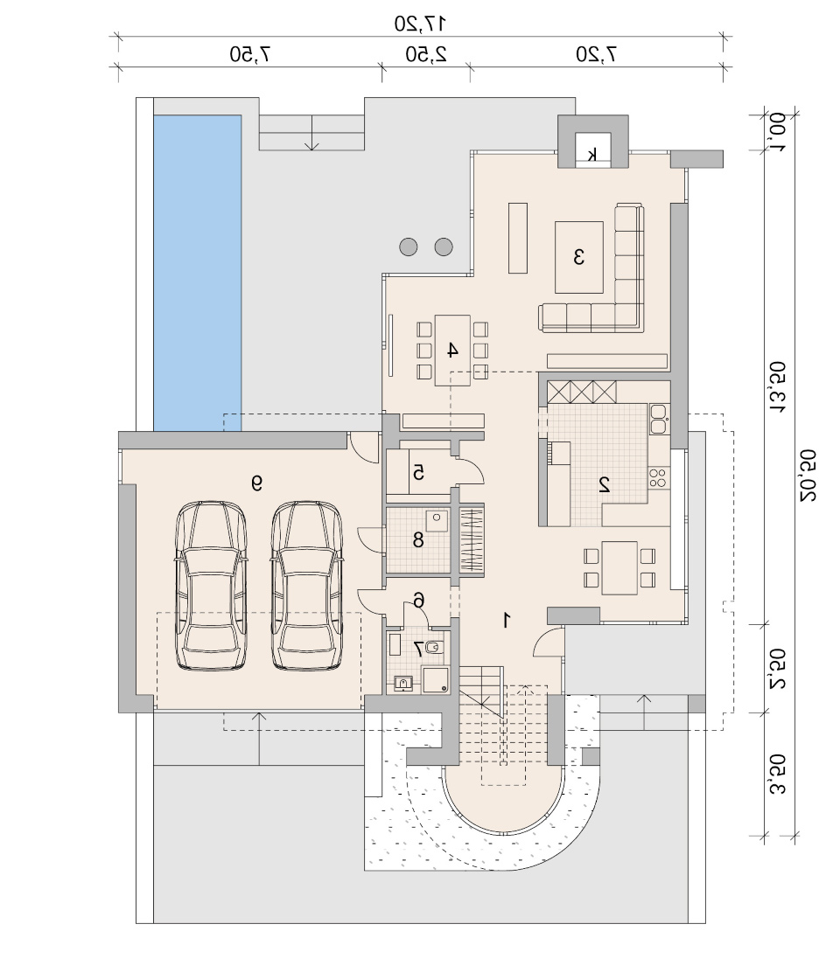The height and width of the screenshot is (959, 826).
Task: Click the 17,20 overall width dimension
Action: (x=419, y=24)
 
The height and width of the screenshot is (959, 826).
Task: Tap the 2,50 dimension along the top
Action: (x=426, y=54)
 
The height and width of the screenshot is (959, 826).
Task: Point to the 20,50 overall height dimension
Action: (x=807, y=476)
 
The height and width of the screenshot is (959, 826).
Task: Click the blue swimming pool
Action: (x=197, y=273)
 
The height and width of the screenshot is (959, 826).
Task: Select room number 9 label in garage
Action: (x=256, y=483)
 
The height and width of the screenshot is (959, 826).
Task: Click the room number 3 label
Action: (x=578, y=257)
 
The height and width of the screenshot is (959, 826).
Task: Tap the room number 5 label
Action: (x=419, y=472)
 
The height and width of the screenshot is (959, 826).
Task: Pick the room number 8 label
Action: (x=418, y=539)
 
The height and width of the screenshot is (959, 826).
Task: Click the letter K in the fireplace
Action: (x=592, y=155)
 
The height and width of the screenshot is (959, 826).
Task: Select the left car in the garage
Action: (x=211, y=586)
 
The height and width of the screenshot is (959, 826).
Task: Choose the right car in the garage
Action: (x=306, y=586)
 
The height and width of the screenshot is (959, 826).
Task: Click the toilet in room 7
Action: (x=433, y=646)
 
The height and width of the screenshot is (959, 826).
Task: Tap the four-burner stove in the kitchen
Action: (x=658, y=477)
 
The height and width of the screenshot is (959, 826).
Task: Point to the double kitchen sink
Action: (x=658, y=419)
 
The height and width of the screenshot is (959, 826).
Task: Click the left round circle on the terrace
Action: (x=409, y=247)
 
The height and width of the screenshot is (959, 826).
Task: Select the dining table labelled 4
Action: (x=452, y=351)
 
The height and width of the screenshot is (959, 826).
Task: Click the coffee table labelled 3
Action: (x=578, y=257)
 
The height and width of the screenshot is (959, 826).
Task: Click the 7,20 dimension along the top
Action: (x=596, y=54)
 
